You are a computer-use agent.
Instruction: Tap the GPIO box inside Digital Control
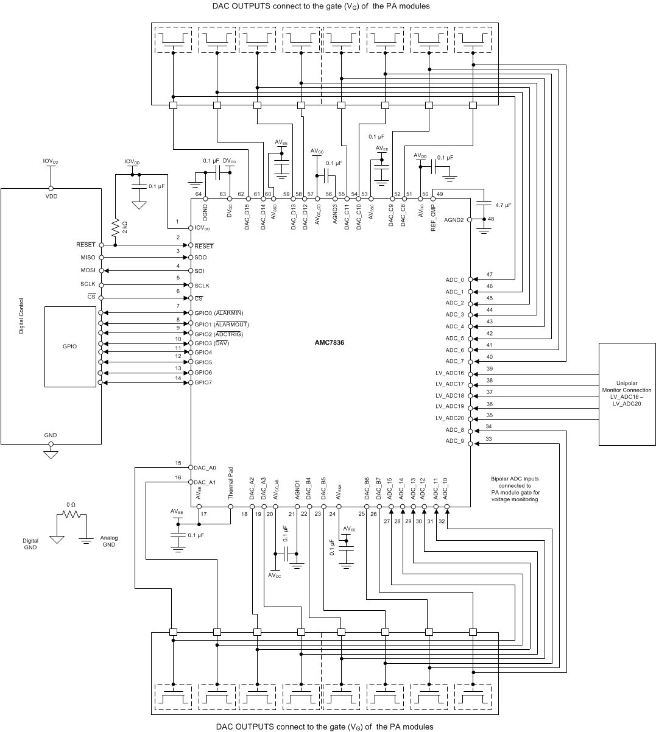click(70, 346)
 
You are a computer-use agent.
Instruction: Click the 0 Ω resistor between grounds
click(71, 515)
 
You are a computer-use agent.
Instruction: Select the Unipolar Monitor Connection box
click(626, 394)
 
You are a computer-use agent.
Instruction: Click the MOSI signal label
click(88, 270)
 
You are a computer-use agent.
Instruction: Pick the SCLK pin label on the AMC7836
click(202, 286)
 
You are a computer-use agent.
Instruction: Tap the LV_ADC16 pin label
click(450, 373)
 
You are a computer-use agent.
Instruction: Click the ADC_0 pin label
click(454, 280)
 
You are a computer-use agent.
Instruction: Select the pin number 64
click(198, 194)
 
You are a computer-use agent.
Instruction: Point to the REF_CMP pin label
click(434, 216)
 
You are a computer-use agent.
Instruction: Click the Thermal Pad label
click(231, 487)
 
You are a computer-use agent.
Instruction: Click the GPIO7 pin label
click(203, 382)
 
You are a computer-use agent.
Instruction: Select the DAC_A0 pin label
click(205, 468)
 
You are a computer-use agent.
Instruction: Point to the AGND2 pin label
click(454, 219)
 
